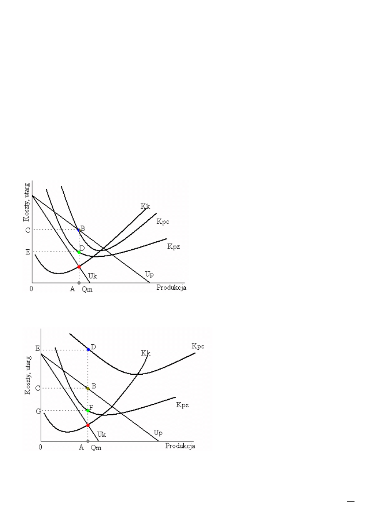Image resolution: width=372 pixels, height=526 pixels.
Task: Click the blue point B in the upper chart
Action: click(78, 230)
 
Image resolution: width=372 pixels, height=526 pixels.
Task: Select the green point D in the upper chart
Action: click(79, 252)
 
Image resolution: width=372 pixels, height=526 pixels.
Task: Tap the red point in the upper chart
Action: click(79, 267)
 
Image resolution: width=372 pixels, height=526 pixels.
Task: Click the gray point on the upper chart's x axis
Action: click(79, 283)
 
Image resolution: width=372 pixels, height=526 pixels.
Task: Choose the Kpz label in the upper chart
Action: click(173, 246)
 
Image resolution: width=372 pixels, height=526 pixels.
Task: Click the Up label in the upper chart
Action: click(149, 274)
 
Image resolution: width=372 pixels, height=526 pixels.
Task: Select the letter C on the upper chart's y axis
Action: click(27, 230)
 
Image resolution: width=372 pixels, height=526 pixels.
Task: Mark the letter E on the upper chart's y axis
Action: click(27, 252)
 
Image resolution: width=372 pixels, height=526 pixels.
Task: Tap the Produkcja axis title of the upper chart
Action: click(171, 288)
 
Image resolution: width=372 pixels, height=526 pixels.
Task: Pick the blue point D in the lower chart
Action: click(88, 349)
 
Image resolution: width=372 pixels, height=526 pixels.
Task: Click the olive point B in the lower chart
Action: click(88, 388)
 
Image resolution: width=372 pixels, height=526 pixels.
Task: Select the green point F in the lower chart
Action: click(88, 411)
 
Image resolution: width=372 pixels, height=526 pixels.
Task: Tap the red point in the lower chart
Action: click(88, 425)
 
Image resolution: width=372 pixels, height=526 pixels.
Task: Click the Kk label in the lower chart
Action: click(145, 353)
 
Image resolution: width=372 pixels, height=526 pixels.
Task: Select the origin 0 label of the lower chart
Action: click(40, 447)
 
